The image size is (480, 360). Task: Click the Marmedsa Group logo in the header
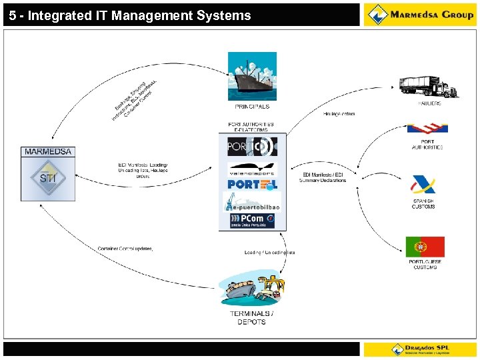[420, 15]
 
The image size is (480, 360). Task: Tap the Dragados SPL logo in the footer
[420, 349]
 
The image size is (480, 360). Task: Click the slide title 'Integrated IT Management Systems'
[130, 15]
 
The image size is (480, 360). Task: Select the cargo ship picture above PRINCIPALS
[252, 76]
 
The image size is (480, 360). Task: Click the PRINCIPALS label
[252, 107]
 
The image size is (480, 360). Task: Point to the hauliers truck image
[429, 87]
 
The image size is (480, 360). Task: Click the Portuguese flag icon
[425, 247]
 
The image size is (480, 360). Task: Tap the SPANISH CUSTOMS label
[423, 204]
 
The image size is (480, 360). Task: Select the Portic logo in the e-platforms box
[252, 146]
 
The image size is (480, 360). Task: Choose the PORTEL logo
[252, 184]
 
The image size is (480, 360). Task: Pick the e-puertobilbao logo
[252, 202]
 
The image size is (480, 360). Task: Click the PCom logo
[252, 220]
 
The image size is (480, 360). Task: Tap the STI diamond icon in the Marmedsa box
[48, 179]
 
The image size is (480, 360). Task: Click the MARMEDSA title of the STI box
[48, 152]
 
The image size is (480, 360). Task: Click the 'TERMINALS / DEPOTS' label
[251, 317]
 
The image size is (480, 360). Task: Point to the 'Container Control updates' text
[125, 249]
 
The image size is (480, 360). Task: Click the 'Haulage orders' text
[339, 114]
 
